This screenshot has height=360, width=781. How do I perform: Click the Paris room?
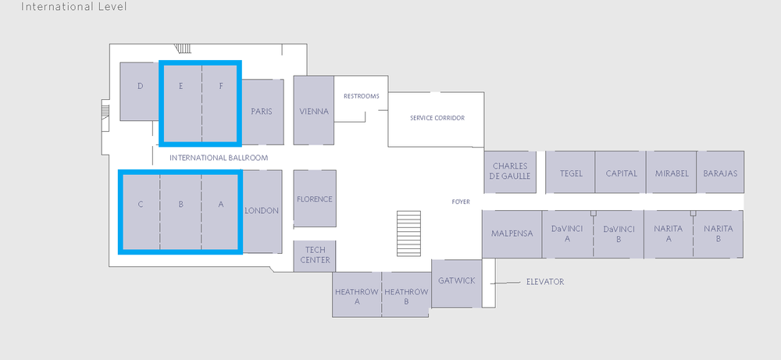pos(262,112)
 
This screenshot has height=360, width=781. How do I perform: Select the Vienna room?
pos(314,110)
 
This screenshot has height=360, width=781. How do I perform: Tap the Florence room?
pos(315,198)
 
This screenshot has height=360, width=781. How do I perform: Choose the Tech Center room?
pos(315,255)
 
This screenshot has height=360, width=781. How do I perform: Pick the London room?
pos(262,211)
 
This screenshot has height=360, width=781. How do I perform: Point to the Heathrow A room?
pos(357,294)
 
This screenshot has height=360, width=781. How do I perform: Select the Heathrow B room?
pos(406,294)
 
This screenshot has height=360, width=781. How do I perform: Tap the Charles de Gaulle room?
pos(510,171)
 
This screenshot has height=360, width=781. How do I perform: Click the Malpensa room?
pos(512,233)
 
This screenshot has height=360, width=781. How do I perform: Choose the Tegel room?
pos(571,173)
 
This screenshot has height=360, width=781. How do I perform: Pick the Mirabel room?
pos(672,173)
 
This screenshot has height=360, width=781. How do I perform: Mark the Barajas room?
pos(720,173)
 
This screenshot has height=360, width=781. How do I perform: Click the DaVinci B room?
pos(619,233)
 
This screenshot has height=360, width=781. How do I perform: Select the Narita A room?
pos(669,233)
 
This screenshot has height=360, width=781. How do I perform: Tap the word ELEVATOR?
pos(545,282)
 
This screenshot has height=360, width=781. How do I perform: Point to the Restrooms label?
pos(362,96)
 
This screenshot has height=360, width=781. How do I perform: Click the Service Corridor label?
pos(437,118)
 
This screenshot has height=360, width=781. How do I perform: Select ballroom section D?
pos(140,91)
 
